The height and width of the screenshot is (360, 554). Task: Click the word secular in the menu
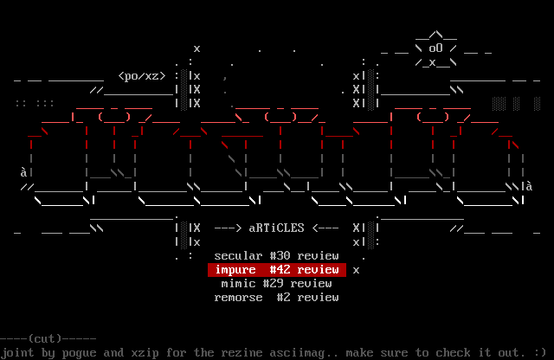tap(238, 256)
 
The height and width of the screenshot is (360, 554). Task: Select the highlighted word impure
tap(235, 270)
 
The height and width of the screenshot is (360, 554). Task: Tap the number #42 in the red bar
tap(280, 270)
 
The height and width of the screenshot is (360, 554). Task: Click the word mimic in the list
tap(238, 284)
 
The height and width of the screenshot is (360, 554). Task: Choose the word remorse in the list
tap(238, 298)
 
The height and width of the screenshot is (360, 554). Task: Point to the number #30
tap(280, 256)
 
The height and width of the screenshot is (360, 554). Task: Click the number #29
tap(280, 284)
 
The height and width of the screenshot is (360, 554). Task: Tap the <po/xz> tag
tap(141, 76)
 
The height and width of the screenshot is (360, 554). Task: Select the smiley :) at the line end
tap(539, 352)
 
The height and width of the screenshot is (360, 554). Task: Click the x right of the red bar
tap(356, 270)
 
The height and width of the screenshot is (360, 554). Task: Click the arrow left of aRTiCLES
tap(228, 228)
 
